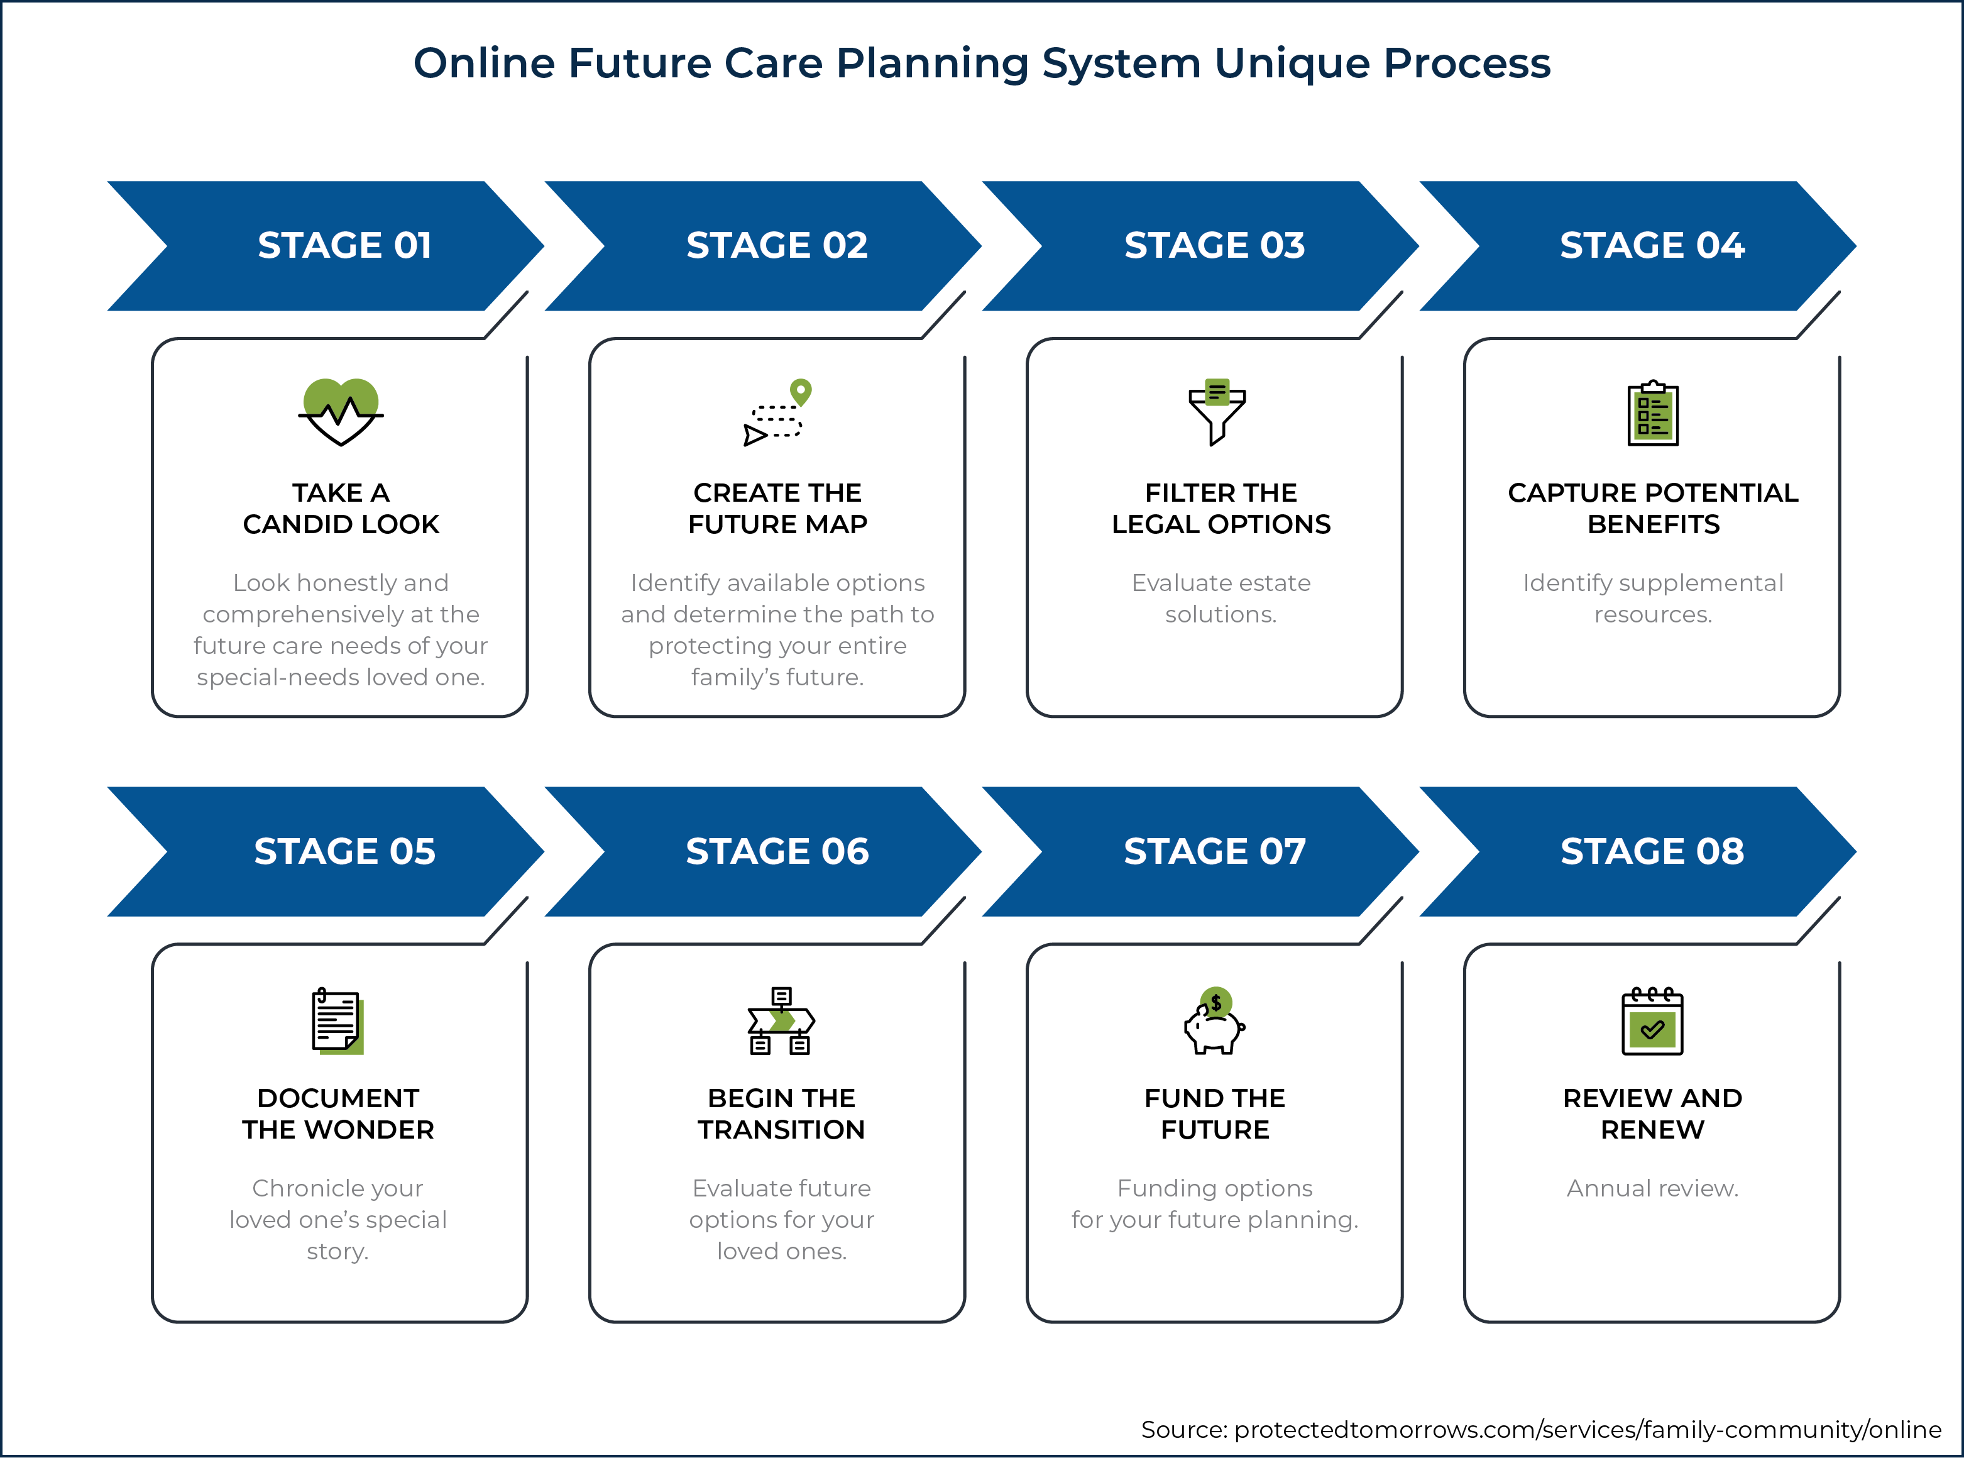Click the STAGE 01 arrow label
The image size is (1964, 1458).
(x=345, y=245)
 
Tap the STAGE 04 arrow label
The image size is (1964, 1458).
(x=1652, y=245)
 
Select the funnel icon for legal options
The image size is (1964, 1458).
(x=1217, y=412)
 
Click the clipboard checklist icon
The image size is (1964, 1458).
(x=1652, y=413)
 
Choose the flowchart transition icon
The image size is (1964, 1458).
(x=781, y=1021)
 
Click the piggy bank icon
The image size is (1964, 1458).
(x=1215, y=1021)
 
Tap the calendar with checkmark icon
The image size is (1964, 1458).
(x=1652, y=1021)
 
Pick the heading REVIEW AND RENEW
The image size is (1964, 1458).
(x=1652, y=1114)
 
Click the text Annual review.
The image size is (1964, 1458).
(x=1652, y=1189)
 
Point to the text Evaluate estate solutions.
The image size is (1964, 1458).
(x=1221, y=599)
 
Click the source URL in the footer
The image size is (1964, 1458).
(x=1588, y=1429)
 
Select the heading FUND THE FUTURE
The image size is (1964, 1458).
(x=1215, y=1114)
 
